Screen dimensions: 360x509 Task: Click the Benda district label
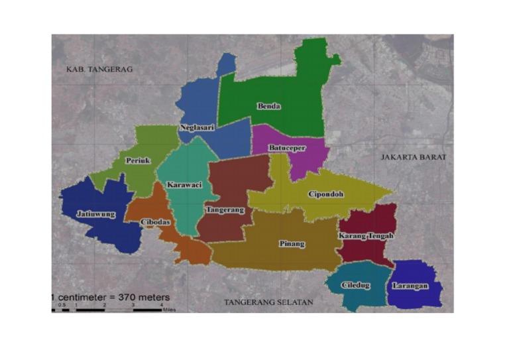pos(269,106)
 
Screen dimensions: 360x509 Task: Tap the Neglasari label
pos(197,127)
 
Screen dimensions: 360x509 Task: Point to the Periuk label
pos(139,160)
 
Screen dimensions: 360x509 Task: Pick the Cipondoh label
pos(325,194)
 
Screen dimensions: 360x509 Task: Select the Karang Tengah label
pos(367,236)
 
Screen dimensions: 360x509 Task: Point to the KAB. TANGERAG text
pos(100,69)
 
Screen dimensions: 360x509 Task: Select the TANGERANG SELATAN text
pos(268,302)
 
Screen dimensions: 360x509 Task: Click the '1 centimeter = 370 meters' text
pos(111,297)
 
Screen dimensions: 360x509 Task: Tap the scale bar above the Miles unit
pos(106,309)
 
